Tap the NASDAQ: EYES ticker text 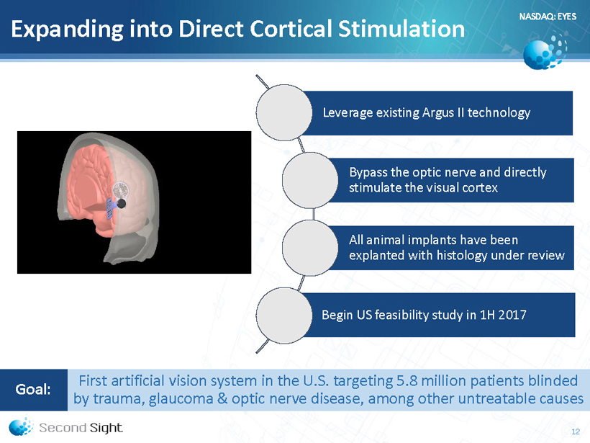pos(548,16)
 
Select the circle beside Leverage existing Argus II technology pos(284,112)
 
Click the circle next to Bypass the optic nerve pos(310,180)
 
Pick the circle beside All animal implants pos(310,248)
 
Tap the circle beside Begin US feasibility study pos(284,316)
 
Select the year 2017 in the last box pos(512,315)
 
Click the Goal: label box pos(34,390)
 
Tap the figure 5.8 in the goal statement pos(407,381)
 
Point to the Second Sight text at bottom pos(81,428)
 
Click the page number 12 pos(576,431)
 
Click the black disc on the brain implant pos(121,204)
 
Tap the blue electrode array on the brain pos(111,208)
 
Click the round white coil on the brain pos(121,190)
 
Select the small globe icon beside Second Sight pos(21,426)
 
